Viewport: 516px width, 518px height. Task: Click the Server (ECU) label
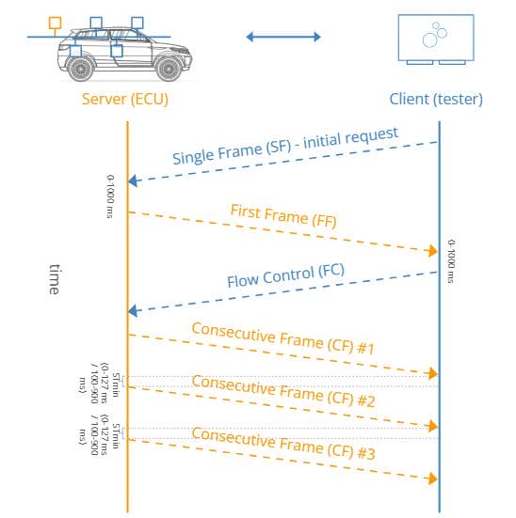[125, 99]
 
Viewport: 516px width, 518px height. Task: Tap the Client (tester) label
[436, 99]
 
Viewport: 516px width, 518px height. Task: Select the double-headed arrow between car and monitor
[283, 37]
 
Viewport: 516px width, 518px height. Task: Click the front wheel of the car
[169, 69]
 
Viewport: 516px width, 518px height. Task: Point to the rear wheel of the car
[80, 69]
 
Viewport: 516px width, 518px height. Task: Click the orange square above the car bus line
[55, 23]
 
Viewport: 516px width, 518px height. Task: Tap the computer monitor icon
[436, 39]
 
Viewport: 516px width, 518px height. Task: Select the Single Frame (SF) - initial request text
[285, 146]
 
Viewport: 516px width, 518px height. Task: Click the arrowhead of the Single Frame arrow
[133, 181]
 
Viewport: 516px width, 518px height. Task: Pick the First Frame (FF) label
[283, 216]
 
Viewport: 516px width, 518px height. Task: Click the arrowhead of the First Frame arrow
[433, 251]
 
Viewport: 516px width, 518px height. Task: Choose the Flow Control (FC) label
[285, 275]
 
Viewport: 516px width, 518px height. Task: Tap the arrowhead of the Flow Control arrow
[133, 311]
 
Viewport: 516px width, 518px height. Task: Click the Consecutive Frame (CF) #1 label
[283, 338]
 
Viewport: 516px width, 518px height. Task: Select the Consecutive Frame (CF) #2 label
[283, 391]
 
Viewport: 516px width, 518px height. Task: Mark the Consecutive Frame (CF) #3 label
[283, 444]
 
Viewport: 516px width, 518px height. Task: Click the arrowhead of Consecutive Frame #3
[433, 479]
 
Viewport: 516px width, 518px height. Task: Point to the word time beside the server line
[55, 279]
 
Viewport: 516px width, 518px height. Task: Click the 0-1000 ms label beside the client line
[451, 261]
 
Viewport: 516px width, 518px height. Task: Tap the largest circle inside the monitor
[430, 40]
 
